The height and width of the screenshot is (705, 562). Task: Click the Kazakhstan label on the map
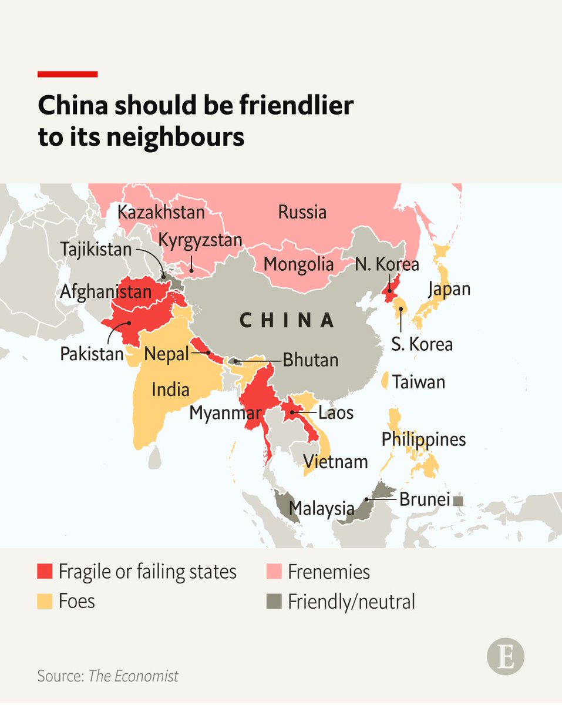tap(161, 212)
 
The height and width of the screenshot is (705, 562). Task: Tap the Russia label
tap(302, 211)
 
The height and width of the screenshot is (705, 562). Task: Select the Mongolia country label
tap(298, 264)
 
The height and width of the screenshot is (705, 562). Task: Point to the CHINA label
tap(287, 320)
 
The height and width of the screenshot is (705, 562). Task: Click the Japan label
tap(449, 289)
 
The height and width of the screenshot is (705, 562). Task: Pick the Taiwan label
tap(419, 382)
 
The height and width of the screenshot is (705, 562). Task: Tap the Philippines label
tap(423, 439)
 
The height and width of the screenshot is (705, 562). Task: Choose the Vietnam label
tap(335, 462)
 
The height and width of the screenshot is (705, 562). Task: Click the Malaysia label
tap(321, 508)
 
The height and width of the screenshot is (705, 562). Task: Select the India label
tap(170, 389)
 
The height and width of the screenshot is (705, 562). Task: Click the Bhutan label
tap(310, 360)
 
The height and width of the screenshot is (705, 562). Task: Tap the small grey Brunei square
tap(459, 501)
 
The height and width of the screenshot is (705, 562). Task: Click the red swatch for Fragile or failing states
tap(45, 572)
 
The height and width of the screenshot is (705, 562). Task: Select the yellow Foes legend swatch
tap(45, 601)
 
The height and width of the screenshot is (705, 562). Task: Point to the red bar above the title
tap(68, 74)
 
